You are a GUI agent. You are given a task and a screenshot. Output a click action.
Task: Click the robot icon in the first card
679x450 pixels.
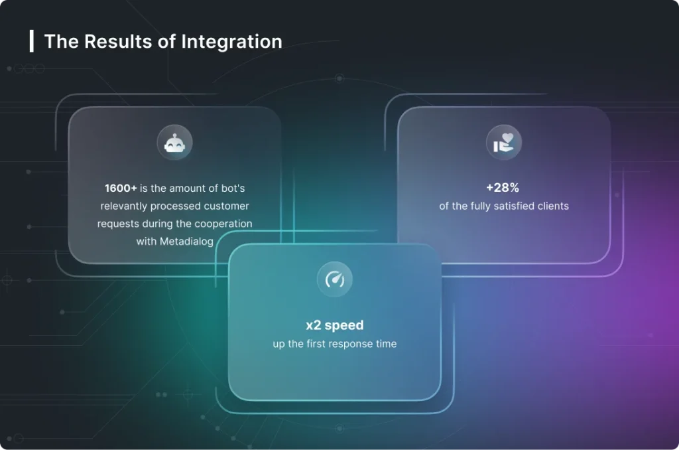coord(174,143)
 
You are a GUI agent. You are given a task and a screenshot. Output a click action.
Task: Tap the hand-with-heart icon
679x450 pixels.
coord(504,143)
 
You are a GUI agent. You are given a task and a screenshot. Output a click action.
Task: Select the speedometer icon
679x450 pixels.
coord(335,279)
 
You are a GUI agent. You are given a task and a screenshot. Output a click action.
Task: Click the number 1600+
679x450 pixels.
coord(121,188)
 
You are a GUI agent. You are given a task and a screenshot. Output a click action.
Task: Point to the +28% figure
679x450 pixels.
coord(503,187)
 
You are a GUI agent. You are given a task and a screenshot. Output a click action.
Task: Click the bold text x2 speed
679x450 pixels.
coord(335,325)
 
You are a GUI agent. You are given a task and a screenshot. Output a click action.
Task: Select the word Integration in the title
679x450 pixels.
coord(231,42)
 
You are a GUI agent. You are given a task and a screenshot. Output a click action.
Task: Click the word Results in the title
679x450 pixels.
coord(118,42)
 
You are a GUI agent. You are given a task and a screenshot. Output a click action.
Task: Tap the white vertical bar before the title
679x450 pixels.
coord(32,41)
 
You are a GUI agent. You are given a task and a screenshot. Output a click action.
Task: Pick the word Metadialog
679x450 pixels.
coord(186,242)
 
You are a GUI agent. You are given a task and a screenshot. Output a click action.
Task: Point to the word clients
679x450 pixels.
coord(553,206)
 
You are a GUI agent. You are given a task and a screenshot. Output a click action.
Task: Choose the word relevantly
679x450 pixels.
coord(124,206)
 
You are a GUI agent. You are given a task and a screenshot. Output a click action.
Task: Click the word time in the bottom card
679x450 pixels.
coord(386,344)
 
